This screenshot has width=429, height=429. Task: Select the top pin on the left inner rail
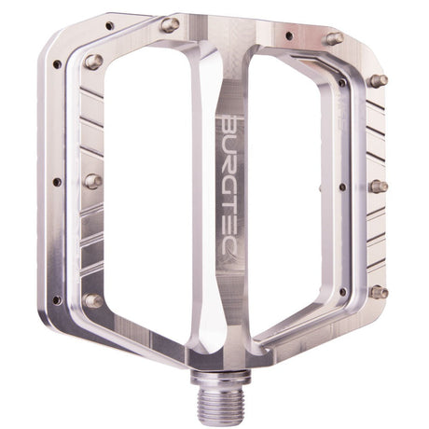pos(93,62)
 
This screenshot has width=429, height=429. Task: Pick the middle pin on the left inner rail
pos(92,181)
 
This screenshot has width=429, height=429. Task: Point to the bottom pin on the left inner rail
pos(92,300)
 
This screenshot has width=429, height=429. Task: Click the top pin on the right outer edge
pos(378,81)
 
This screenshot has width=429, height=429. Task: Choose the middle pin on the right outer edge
pos(378,187)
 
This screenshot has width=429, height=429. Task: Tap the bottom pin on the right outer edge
pos(378,292)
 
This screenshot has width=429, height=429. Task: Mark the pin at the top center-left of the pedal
pos(170,25)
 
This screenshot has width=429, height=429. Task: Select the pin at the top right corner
pos(333,38)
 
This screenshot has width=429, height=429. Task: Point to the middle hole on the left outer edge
pos(57,183)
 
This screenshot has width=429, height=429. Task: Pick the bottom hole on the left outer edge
pos(57,300)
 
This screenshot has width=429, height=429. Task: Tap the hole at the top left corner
pos(109,26)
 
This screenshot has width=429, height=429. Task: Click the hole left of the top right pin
pos(288,36)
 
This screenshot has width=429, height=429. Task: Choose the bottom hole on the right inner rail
pos(342,291)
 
